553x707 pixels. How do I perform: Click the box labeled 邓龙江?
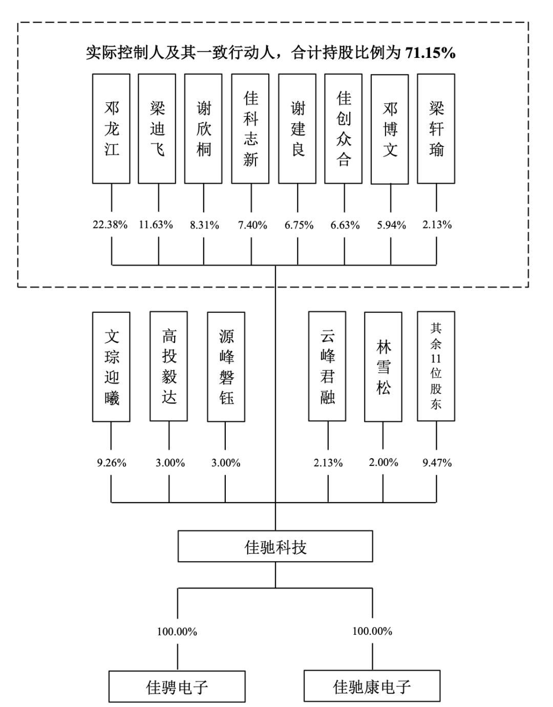(111, 128)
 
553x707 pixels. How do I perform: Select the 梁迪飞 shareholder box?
(157, 128)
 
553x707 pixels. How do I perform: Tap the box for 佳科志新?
(250, 128)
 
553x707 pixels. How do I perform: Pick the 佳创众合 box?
(344, 128)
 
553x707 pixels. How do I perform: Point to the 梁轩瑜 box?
(436, 128)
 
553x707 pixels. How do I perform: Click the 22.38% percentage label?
(110, 225)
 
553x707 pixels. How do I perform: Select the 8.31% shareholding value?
(204, 225)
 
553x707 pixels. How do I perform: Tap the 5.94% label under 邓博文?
(392, 225)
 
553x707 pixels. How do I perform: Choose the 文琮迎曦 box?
(111, 367)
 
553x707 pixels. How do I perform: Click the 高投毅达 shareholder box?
(169, 367)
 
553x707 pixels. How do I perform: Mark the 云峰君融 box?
(327, 367)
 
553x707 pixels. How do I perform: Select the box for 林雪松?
(383, 367)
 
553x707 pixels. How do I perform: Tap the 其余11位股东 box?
(436, 367)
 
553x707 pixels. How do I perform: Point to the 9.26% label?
(112, 463)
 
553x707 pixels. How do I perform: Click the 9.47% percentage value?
(437, 463)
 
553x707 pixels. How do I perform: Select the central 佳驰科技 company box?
(275, 547)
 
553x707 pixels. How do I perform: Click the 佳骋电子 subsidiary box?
(177, 687)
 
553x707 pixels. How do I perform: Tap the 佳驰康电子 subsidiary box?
(372, 687)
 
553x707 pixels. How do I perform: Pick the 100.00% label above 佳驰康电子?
(372, 631)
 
